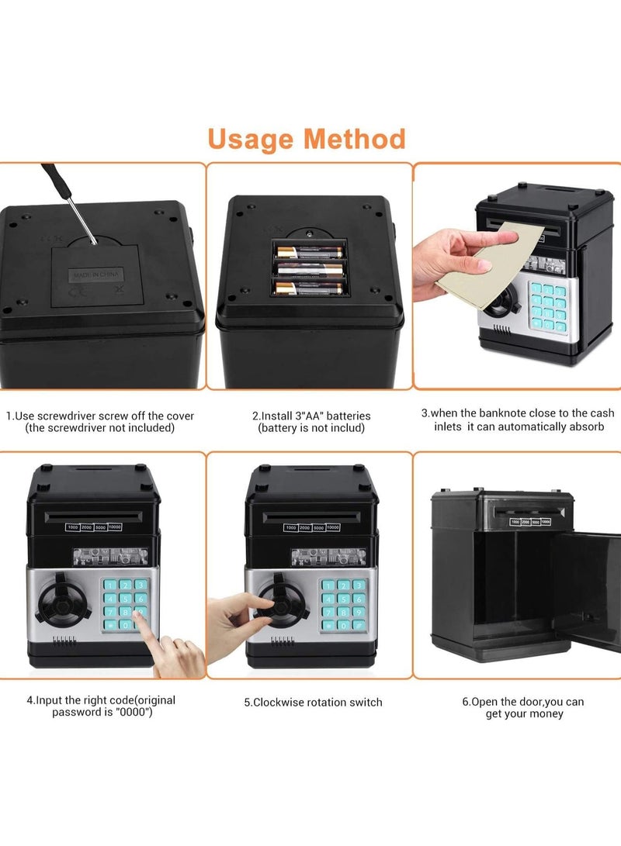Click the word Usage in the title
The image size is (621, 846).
coord(249,140)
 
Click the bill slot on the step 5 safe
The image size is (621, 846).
coord(310,516)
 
